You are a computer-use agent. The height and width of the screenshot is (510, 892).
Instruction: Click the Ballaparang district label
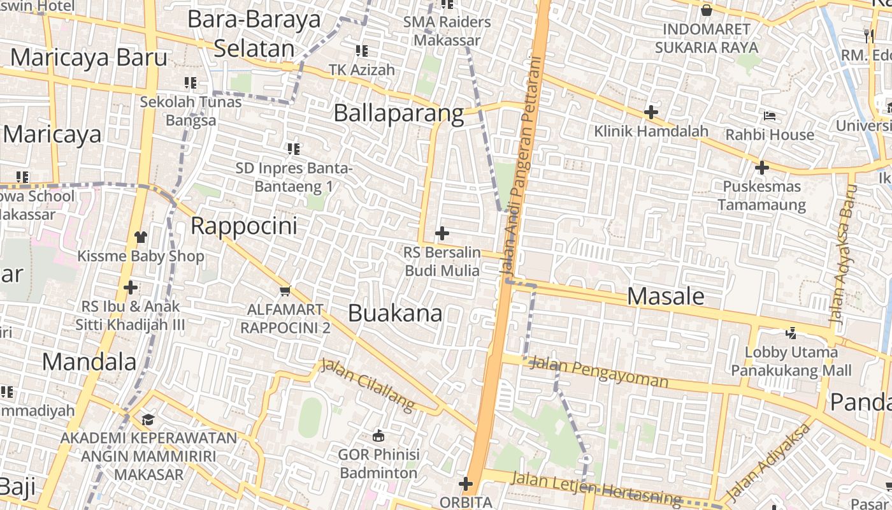pyautogui.click(x=399, y=113)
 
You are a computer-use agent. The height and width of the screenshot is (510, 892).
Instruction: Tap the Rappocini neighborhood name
pyautogui.click(x=244, y=226)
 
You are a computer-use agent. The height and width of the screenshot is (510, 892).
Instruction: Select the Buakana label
pyautogui.click(x=395, y=313)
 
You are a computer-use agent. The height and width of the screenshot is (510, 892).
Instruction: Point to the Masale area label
pyautogui.click(x=666, y=296)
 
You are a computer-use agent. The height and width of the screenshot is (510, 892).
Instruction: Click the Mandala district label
pyautogui.click(x=89, y=362)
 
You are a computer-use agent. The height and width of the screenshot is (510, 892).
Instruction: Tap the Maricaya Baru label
pyautogui.click(x=89, y=57)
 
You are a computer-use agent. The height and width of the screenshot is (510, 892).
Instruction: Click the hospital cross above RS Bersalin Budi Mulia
pyautogui.click(x=442, y=233)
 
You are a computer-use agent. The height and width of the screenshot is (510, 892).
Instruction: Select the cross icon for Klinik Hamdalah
pyautogui.click(x=651, y=112)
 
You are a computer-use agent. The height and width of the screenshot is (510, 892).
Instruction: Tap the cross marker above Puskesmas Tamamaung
pyautogui.click(x=761, y=168)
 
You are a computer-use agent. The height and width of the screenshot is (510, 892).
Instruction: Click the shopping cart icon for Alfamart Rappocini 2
pyautogui.click(x=285, y=291)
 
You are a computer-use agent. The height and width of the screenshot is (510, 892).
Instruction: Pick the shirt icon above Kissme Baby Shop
pyautogui.click(x=141, y=237)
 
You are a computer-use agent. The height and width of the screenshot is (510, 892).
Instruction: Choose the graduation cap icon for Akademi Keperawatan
pyautogui.click(x=148, y=419)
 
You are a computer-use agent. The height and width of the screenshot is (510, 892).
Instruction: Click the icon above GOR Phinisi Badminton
pyautogui.click(x=378, y=436)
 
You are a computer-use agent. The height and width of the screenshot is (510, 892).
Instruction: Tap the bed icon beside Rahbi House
pyautogui.click(x=770, y=116)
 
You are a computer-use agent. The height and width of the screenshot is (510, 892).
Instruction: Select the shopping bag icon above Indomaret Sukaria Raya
pyautogui.click(x=707, y=10)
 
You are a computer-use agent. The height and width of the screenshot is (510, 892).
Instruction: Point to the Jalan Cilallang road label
pyautogui.click(x=368, y=384)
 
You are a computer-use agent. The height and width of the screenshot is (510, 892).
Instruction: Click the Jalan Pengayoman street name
pyautogui.click(x=599, y=373)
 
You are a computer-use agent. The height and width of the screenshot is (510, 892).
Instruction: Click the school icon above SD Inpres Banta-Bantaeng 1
pyautogui.click(x=293, y=149)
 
